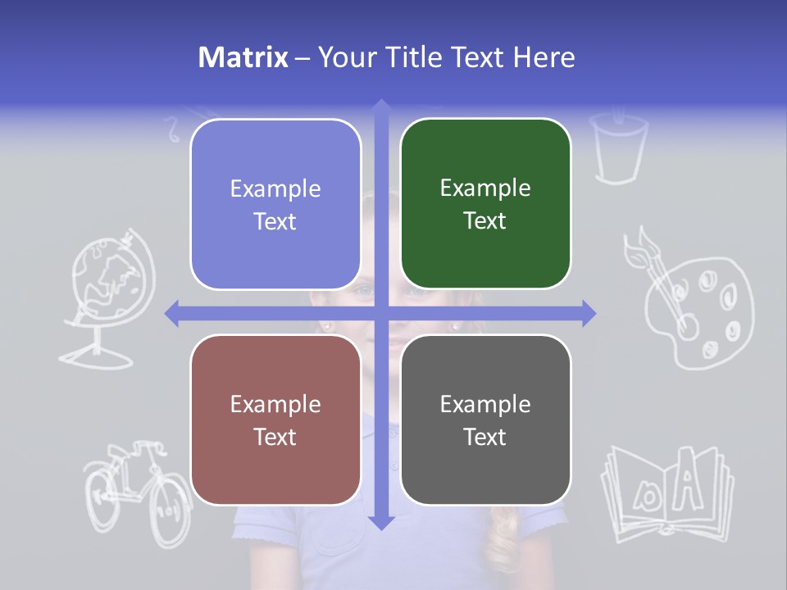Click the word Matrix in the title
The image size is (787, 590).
point(243,57)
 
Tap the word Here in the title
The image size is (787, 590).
point(544,57)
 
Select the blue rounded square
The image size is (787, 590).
point(275,204)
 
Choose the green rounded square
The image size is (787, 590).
point(485,204)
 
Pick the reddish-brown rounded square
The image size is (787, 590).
point(275,420)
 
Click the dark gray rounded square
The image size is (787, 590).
point(485,420)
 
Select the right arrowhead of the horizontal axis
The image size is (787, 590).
point(588,313)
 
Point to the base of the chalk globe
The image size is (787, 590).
point(96,357)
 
